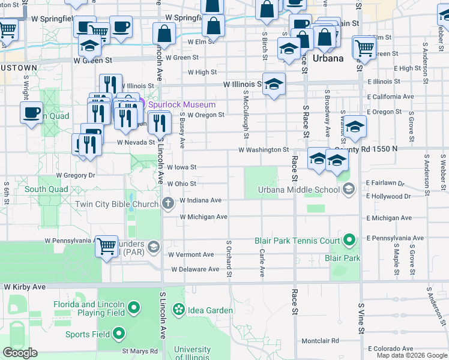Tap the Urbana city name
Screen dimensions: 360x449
pyautogui.click(x=328, y=58)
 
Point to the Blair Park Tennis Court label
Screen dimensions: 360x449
pyautogui.click(x=297, y=241)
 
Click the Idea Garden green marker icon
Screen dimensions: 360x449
pyautogui.click(x=178, y=310)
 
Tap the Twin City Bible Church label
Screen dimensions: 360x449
pyautogui.click(x=116, y=204)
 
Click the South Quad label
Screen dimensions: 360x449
pyautogui.click(x=46, y=190)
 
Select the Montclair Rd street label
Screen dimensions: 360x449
pyautogui.click(x=322, y=341)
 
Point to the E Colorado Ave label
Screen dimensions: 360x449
pyautogui.click(x=391, y=349)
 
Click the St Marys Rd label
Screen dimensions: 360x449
pyautogui.click(x=140, y=351)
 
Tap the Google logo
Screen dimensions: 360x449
pyautogui.click(x=20, y=353)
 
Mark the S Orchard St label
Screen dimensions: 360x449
pyautogui.click(x=229, y=259)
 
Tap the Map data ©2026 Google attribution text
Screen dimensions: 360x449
pyautogui.click(x=412, y=355)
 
